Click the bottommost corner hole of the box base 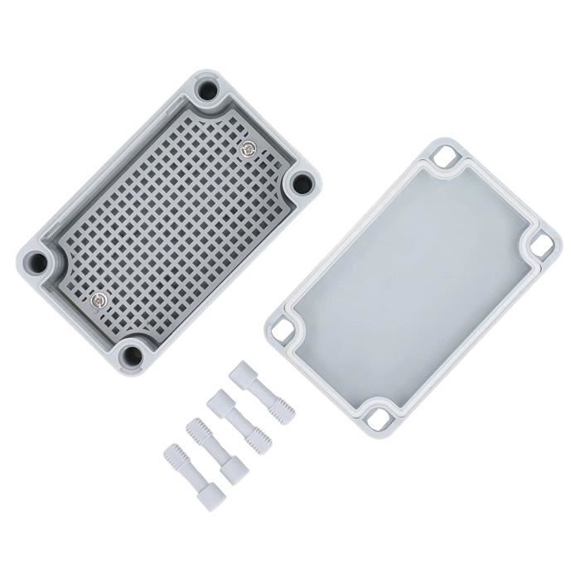pos(131,355)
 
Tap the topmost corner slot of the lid pos(480,157)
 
